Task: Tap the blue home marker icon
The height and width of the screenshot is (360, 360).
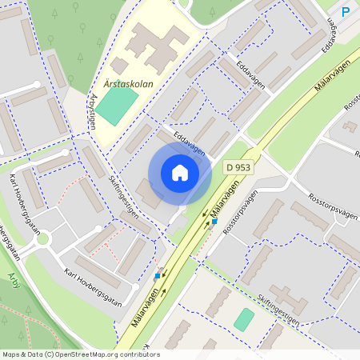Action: [180, 173]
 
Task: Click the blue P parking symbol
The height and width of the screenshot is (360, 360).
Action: [346, 12]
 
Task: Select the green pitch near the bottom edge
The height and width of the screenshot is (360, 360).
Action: [244, 320]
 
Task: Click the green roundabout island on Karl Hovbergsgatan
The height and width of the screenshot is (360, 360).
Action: [43, 238]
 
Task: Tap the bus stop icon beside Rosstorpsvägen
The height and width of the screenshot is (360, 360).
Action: [214, 221]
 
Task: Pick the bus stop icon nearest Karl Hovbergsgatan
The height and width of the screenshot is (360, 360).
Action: [157, 276]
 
